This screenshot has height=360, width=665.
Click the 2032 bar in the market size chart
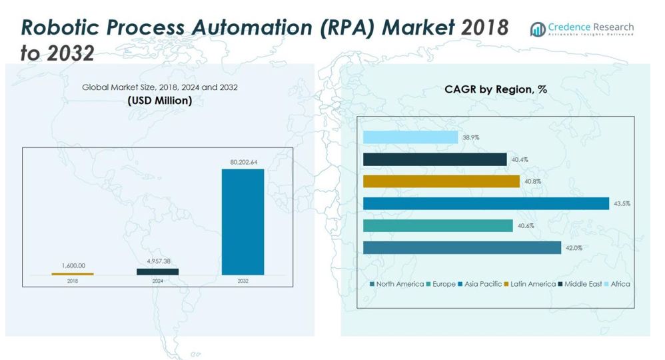(x=243, y=222)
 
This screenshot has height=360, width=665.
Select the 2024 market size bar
(x=157, y=272)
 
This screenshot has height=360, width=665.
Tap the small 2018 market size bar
(x=73, y=274)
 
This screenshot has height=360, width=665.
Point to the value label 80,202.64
(x=243, y=162)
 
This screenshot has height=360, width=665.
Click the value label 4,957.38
(x=158, y=261)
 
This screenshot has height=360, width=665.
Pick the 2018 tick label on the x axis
(x=73, y=281)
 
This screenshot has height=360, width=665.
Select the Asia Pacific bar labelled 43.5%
(x=486, y=203)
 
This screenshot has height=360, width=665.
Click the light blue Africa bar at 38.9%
(x=410, y=137)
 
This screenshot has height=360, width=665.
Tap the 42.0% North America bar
(x=462, y=248)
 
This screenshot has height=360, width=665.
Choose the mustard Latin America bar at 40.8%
(x=441, y=181)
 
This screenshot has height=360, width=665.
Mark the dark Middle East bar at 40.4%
(x=434, y=159)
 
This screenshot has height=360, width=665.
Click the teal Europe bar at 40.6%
(x=438, y=226)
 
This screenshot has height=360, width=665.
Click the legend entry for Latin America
(x=532, y=284)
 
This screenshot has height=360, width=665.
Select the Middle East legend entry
(x=583, y=284)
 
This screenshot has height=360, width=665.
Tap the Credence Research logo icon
(x=538, y=29)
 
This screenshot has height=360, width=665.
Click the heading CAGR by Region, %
(x=496, y=89)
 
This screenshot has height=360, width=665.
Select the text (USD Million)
(x=160, y=101)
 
